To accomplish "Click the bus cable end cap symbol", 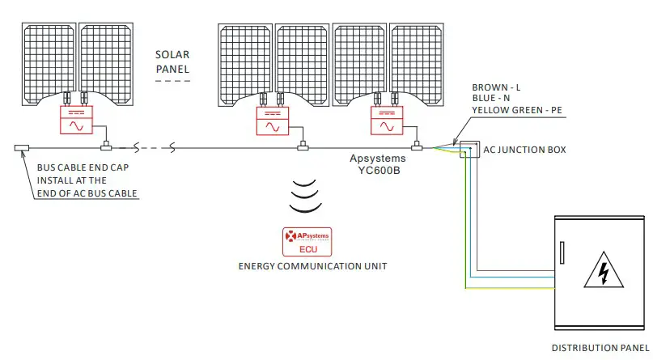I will click(22, 148).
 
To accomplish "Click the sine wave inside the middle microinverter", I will click(273, 127).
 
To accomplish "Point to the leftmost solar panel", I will click(49, 60).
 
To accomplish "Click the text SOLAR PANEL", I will click(172, 62).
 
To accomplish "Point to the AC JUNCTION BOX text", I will click(524, 150).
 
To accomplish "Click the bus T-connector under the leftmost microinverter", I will click(105, 147).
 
